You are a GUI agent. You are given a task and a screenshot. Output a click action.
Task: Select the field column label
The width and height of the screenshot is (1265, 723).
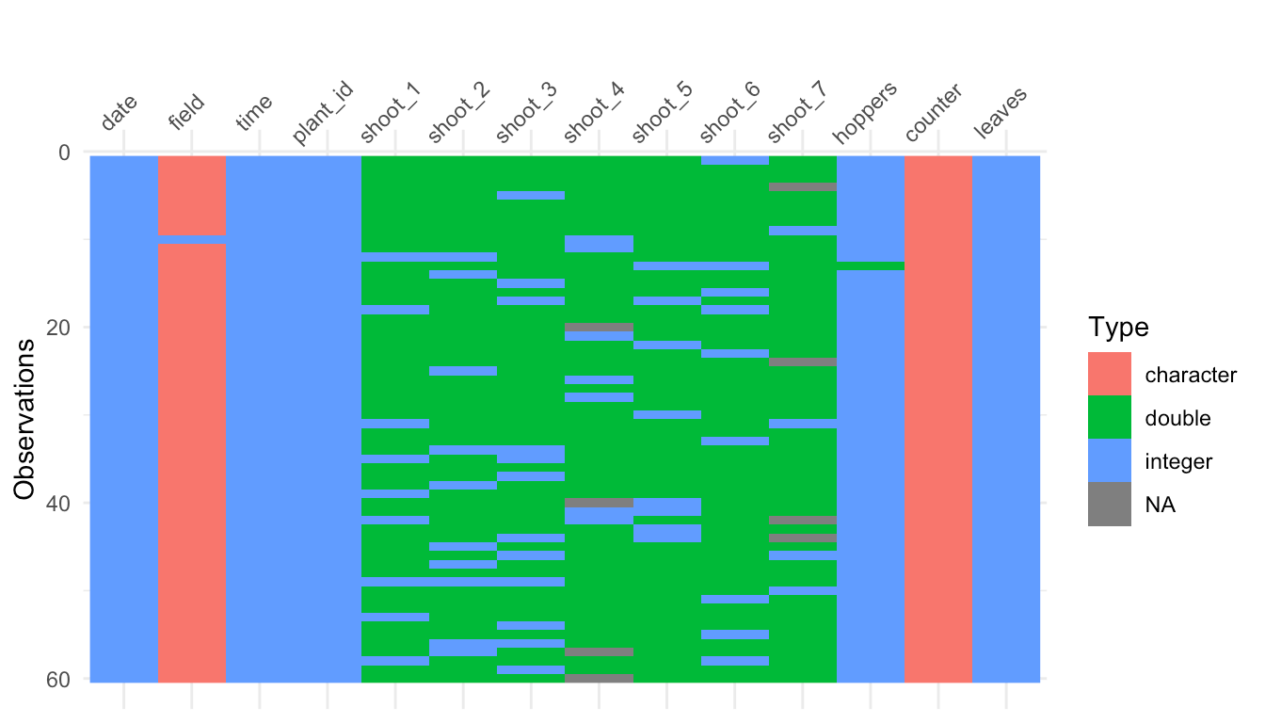pyautogui.click(x=186, y=115)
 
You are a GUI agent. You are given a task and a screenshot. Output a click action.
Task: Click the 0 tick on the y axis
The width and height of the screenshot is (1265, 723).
pyautogui.click(x=64, y=152)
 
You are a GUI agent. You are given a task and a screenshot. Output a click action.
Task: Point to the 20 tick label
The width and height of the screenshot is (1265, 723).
pyautogui.click(x=58, y=327)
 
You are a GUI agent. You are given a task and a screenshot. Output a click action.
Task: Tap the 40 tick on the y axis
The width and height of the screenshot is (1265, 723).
pyautogui.click(x=58, y=503)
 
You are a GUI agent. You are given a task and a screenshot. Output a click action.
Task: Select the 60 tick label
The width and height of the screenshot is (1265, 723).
pyautogui.click(x=58, y=678)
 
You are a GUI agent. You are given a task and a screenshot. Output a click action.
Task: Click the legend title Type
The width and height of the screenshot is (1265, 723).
pyautogui.click(x=1118, y=328)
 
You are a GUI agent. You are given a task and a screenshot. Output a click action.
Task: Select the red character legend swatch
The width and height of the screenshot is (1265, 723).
pyautogui.click(x=1109, y=375)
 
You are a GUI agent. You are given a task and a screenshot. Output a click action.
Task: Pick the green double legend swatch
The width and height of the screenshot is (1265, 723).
pyautogui.click(x=1109, y=418)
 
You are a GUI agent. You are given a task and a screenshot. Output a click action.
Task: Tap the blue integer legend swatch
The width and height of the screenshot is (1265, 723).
pyautogui.click(x=1109, y=461)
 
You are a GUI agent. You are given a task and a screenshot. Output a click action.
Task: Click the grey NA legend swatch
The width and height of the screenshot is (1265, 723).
pyautogui.click(x=1109, y=505)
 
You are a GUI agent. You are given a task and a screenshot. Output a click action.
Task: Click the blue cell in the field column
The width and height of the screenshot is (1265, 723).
pyautogui.click(x=191, y=239)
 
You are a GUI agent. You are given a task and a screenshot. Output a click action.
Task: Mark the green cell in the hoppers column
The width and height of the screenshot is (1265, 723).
pyautogui.click(x=871, y=265)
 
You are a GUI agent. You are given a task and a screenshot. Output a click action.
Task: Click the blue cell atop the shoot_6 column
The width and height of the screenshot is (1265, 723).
pyautogui.click(x=735, y=160)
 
